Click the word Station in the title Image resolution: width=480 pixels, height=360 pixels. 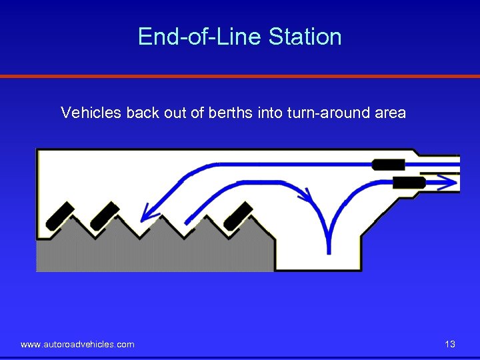305,37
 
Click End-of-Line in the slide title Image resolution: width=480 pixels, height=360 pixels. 200,37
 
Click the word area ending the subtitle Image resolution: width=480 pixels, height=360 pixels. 390,113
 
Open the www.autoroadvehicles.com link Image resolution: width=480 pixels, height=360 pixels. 77,344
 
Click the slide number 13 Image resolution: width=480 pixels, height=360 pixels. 450,344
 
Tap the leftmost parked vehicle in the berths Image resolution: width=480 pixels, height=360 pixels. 59,215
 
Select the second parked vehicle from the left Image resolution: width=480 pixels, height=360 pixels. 104,215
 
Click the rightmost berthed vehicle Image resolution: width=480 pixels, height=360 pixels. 238,215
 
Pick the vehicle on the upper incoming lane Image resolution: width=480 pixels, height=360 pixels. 388,164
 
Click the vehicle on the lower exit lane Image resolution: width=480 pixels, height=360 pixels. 409,181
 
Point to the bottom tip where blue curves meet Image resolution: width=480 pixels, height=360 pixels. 328,251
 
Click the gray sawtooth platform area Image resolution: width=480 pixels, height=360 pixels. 153,253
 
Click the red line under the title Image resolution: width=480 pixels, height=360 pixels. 240,77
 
